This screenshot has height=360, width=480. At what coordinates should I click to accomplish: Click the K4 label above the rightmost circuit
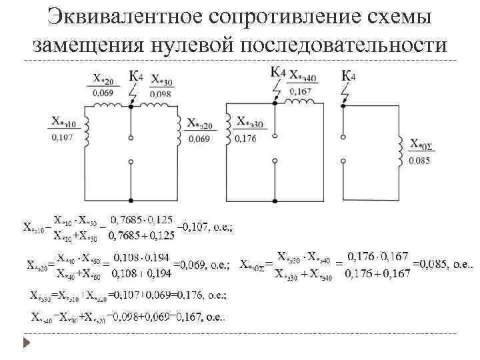coord(348,75)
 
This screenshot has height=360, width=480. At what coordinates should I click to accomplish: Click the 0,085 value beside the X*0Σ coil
coord(419,160)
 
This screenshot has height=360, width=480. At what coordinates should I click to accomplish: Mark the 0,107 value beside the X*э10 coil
coord(62,138)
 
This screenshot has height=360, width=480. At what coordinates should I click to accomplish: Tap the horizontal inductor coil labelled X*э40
coord(301,101)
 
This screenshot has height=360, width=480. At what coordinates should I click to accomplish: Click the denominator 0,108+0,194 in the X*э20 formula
coord(142,273)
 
